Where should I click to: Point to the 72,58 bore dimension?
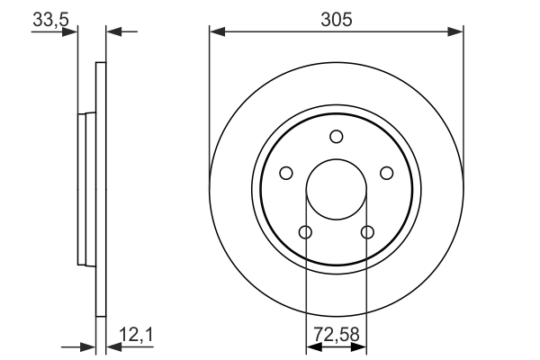click(336, 335)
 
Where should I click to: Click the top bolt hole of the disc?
click(337, 137)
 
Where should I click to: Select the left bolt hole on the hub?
click(286, 173)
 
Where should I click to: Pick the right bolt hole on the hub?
click(386, 173)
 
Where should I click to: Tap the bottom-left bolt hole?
click(305, 233)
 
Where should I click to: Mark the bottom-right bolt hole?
click(367, 233)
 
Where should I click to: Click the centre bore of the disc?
click(337, 190)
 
